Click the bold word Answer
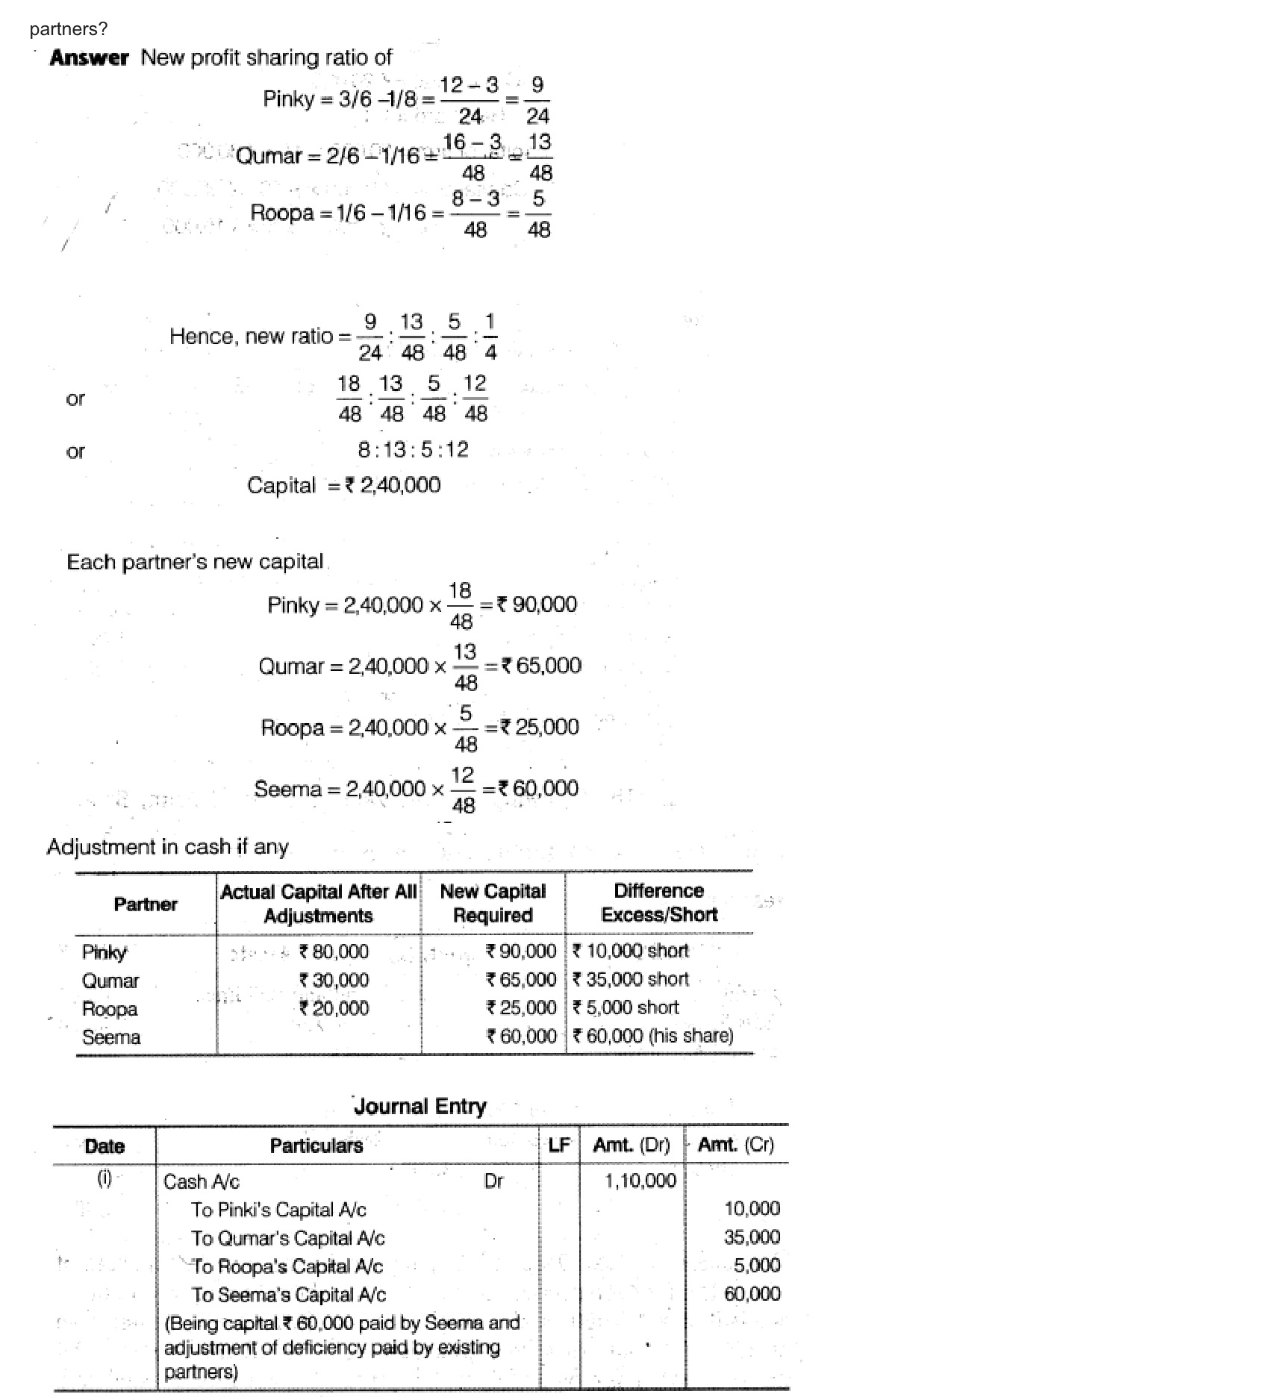coord(89,57)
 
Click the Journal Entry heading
coord(420,1105)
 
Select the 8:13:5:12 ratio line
coord(413,449)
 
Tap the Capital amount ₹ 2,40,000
coord(393,485)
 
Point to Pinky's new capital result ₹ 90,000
coord(537,604)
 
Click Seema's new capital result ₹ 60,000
coord(538,788)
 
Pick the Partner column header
coord(146,904)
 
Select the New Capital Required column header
coord(493,903)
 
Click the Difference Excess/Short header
coord(658,902)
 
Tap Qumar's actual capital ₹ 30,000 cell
coord(334,980)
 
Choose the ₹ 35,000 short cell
coord(631,979)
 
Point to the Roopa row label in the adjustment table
coord(110,1009)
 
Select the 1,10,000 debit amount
coord(640,1180)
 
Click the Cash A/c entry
coord(202,1181)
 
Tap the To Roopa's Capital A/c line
coord(287,1266)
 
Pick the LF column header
coord(559,1145)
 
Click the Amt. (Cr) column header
coord(735,1145)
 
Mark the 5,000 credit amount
coord(757,1265)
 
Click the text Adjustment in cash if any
coord(167,847)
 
